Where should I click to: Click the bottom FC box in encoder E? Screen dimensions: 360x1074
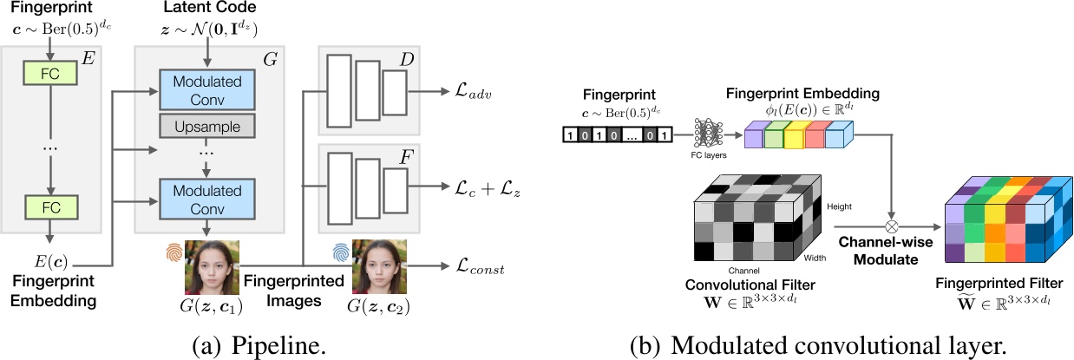click(50, 208)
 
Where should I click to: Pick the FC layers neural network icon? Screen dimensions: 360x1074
click(707, 135)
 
